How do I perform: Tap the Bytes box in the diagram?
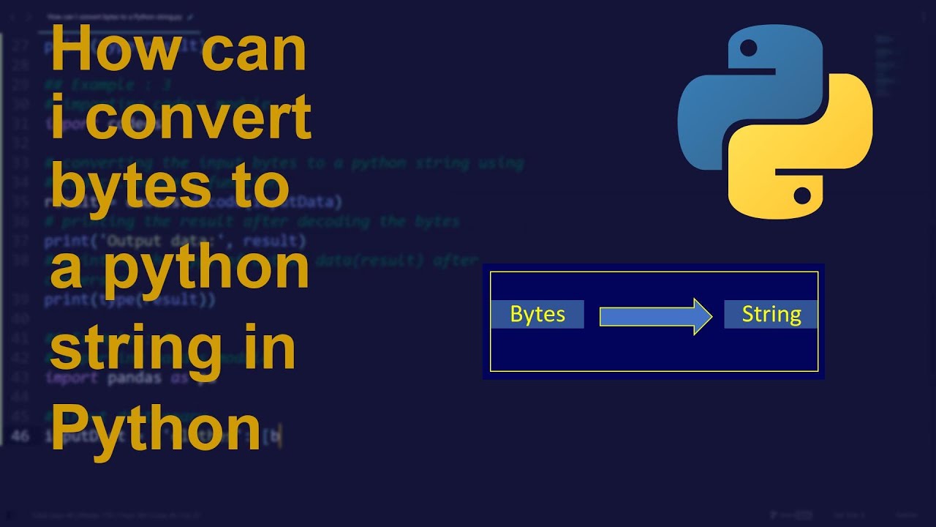coord(537,314)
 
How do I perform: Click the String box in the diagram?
coord(771,314)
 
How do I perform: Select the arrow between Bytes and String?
coord(655,316)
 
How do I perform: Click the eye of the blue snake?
coord(748,49)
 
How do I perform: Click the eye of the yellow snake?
coord(801,195)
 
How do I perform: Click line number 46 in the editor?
coord(20,436)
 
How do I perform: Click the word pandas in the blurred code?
coord(135,378)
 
